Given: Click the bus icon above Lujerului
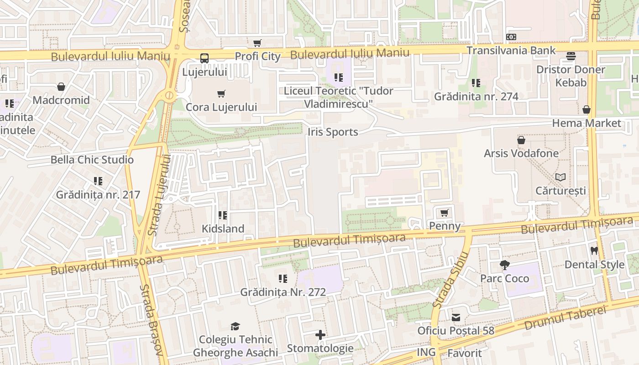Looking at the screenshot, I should (204, 58).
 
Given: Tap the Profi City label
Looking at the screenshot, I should (257, 57).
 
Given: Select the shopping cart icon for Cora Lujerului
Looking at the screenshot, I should (221, 94).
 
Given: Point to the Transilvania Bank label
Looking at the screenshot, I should (511, 50).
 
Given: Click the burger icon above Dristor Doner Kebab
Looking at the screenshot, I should (571, 56).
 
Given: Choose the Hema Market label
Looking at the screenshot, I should (587, 123).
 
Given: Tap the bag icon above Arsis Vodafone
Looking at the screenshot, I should (521, 140).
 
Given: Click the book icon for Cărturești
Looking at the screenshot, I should (560, 177).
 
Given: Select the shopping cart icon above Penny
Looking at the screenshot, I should (444, 213).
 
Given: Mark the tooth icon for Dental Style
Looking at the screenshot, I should (594, 250).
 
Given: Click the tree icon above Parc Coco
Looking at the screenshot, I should (504, 265).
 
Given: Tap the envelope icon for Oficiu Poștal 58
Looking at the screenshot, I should (456, 318).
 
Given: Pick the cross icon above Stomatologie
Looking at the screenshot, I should (320, 335).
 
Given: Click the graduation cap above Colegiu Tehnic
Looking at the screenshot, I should (235, 326).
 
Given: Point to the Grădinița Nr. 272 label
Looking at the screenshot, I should (283, 292).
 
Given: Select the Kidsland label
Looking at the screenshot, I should (223, 229).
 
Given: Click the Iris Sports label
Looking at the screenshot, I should (333, 132).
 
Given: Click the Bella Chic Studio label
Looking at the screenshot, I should (92, 160).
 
